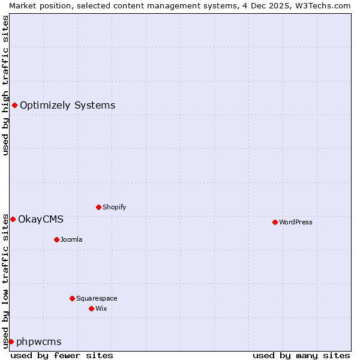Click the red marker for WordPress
tap(275, 222)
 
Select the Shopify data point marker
tap(98, 207)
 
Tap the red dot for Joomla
tap(56, 239)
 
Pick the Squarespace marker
tap(72, 298)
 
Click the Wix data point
tap(91, 308)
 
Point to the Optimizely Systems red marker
tap(14, 106)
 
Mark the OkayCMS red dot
tap(13, 219)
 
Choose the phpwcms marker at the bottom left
tap(11, 341)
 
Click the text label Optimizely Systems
tap(67, 106)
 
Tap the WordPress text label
tap(295, 222)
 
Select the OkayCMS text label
tap(40, 219)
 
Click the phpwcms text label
tap(38, 341)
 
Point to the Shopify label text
tap(114, 207)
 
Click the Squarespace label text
tap(97, 298)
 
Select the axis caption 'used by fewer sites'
tap(62, 355)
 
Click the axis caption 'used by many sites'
tap(301, 355)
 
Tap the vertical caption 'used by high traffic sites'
tap(5, 85)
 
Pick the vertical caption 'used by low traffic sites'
tap(5, 280)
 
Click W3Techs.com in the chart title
tap(321, 5)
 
